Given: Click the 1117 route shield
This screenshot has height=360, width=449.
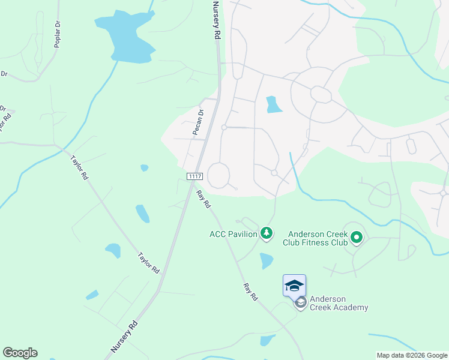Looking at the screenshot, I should pos(194,176).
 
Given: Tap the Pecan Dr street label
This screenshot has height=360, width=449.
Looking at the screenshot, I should pos(199,121).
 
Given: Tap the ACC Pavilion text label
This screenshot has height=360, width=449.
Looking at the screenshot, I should pos(234,234).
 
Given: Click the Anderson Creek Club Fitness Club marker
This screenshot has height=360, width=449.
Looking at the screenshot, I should pos(357,239).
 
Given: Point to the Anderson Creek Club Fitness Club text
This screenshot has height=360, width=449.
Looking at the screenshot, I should pos(318,238).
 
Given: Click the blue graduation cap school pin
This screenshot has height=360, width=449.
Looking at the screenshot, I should pos(294,285).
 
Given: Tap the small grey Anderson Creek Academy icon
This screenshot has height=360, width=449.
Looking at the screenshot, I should pos(301,303).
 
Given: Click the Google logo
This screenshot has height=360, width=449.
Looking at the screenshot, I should pos(20,353).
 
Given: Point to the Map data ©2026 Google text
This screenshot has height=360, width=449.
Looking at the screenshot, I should pos(412,355).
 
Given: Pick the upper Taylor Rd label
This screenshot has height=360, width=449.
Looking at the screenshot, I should pos(79,168).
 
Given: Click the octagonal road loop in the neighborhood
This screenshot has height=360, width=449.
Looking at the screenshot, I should pos(321,95).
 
